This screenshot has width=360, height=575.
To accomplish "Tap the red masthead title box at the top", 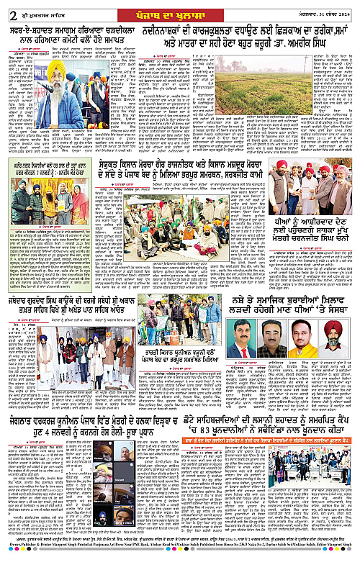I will [x=179, y=8].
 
